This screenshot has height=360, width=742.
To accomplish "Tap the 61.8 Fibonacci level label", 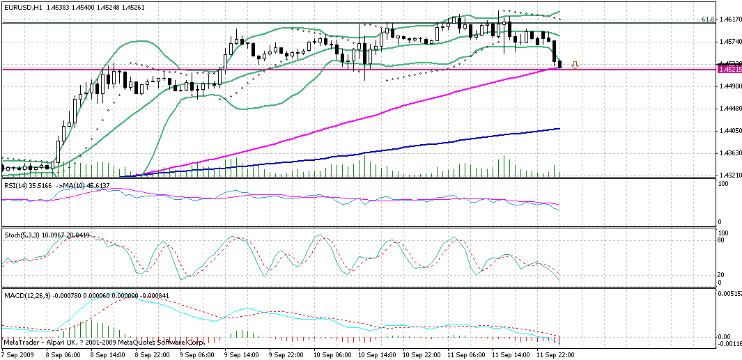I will (709, 20).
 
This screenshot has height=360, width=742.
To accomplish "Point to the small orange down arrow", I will (575, 66).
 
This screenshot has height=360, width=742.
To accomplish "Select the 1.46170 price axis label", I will (729, 20).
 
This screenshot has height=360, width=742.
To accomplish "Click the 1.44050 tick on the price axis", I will (729, 131).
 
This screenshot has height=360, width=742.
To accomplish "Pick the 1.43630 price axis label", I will (729, 153).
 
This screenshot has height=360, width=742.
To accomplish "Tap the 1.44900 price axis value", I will (729, 87).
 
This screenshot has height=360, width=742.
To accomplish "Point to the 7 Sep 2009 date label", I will (19, 354).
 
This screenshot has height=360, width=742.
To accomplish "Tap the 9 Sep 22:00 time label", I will (291, 354).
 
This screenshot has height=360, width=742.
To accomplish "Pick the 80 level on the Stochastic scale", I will (722, 240).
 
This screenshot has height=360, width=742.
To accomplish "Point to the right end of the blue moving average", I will (559, 128).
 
